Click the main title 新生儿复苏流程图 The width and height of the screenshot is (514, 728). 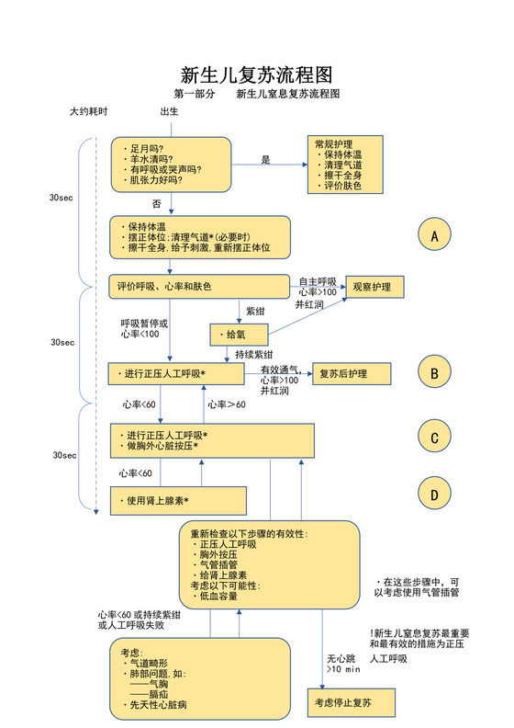[256, 74]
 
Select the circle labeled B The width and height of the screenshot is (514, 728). [434, 372]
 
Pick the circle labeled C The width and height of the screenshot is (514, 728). [434, 438]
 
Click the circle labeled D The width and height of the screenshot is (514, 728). [434, 494]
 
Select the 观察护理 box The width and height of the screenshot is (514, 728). [372, 287]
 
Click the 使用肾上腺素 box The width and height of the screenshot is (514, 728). [178, 501]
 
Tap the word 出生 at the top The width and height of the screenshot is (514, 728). [170, 111]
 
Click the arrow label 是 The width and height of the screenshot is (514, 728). [266, 159]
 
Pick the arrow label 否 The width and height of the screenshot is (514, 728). [157, 203]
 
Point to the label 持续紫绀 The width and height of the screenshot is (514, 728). [254, 354]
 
